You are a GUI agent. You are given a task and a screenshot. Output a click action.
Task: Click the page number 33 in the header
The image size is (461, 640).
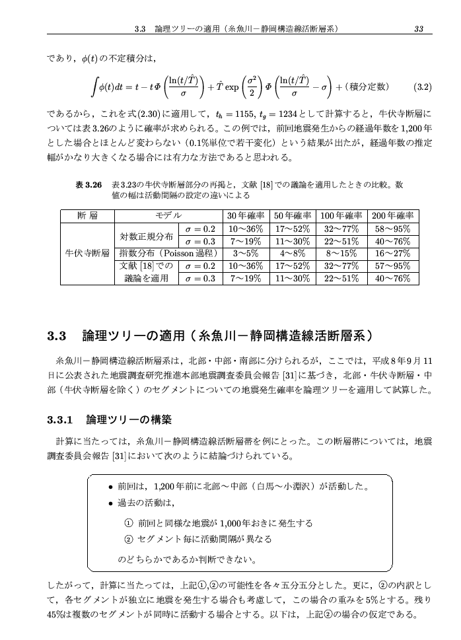(419, 28)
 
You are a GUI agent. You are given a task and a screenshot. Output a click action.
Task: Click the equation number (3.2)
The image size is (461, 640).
(421, 87)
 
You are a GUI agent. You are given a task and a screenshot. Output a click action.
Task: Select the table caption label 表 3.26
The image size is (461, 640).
(89, 186)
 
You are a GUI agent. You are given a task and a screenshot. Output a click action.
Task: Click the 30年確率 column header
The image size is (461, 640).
(246, 216)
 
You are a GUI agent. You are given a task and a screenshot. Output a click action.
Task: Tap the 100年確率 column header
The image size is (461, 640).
(340, 216)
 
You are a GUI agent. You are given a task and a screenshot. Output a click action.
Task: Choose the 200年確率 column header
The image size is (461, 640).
(393, 216)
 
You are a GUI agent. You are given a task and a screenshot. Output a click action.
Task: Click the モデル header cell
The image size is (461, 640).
(168, 216)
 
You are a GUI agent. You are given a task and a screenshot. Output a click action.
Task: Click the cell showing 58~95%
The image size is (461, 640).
(393, 229)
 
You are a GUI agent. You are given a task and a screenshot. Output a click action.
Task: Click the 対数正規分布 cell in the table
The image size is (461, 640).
(147, 235)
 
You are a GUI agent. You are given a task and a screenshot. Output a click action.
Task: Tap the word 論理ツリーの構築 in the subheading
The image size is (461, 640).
(129, 420)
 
